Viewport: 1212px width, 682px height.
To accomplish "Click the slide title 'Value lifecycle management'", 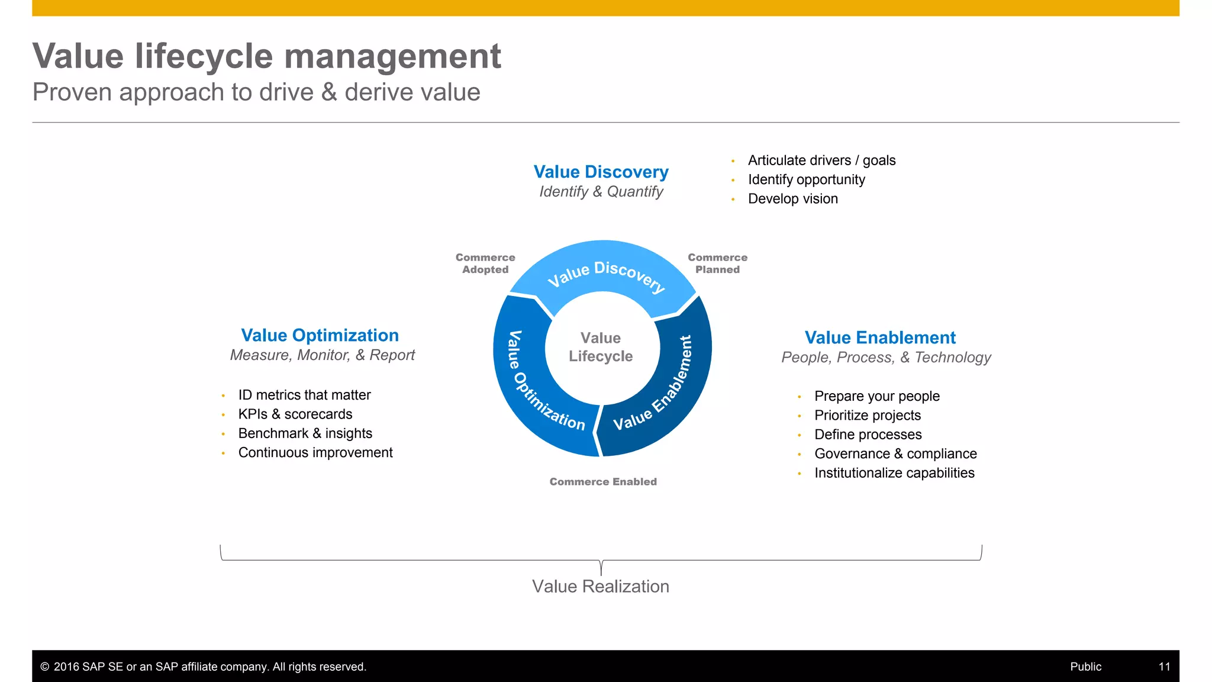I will pyautogui.click(x=266, y=57).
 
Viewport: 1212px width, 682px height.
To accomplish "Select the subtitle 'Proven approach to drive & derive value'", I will pyautogui.click(x=256, y=92).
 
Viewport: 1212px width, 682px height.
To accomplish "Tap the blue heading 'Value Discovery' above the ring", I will pyautogui.click(x=601, y=172).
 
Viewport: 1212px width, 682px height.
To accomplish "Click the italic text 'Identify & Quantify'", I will pyautogui.click(x=601, y=192).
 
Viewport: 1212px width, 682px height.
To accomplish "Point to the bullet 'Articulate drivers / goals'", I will pyautogui.click(x=821, y=160).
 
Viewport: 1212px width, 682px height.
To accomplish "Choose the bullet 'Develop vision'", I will pyautogui.click(x=792, y=199).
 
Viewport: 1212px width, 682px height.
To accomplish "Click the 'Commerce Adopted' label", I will pyautogui.click(x=485, y=263).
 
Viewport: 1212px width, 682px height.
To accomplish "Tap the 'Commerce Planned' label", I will pyautogui.click(x=717, y=263).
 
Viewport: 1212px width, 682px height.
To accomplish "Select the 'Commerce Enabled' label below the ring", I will pyautogui.click(x=603, y=482).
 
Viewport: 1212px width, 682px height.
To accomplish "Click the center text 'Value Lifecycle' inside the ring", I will pyautogui.click(x=601, y=347).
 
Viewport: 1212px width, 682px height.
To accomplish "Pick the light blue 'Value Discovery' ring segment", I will pyautogui.click(x=604, y=272).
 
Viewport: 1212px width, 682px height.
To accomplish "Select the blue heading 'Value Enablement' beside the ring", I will pyautogui.click(x=880, y=337).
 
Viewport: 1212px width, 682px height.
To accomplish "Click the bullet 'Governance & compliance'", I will pyautogui.click(x=895, y=454).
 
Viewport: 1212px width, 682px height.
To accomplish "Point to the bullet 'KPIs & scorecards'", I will pyautogui.click(x=295, y=414).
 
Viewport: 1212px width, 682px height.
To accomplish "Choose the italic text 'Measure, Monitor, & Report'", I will pyautogui.click(x=323, y=355).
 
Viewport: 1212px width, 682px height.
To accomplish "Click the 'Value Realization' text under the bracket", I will pyautogui.click(x=600, y=586).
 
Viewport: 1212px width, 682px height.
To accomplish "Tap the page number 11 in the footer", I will pyautogui.click(x=1164, y=667).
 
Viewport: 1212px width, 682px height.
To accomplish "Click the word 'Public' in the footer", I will pyautogui.click(x=1085, y=667).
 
